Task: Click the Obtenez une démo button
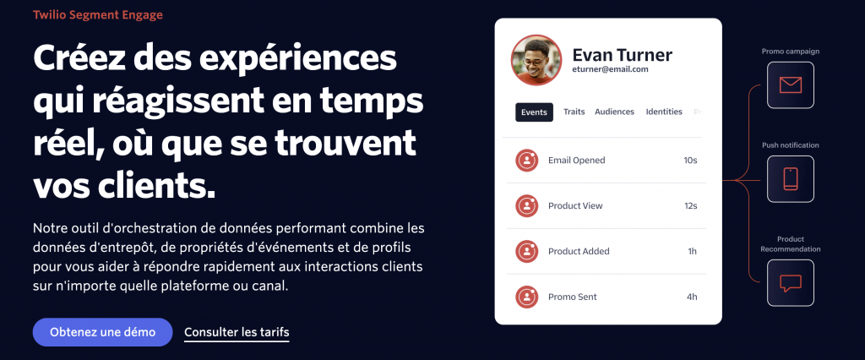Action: coord(102,332)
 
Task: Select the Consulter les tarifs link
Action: coord(237,332)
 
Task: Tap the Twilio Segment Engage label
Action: coord(98,15)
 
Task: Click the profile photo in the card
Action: coord(536,60)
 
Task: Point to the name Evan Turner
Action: coord(623,55)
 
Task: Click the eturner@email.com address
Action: coord(610,69)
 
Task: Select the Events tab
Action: coord(534,112)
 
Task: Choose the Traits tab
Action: coord(574,112)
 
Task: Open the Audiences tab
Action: coord(615,112)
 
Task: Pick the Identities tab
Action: coord(664,112)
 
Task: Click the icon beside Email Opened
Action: coord(527,161)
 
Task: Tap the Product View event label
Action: coord(575,206)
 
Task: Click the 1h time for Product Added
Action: coord(693,251)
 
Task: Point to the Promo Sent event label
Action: coord(573,297)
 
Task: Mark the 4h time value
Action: coord(692,297)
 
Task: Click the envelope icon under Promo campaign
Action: coord(791,85)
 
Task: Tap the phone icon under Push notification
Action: coord(791,179)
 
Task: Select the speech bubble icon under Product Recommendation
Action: coord(791,283)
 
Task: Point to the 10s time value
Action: coord(691,161)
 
